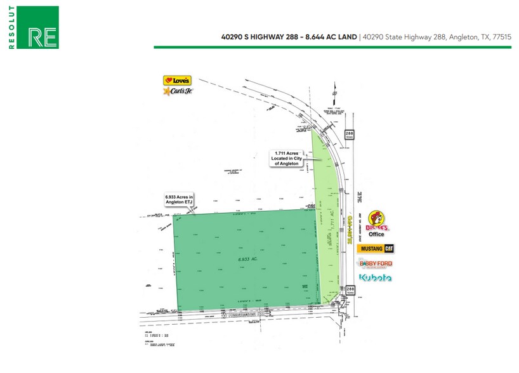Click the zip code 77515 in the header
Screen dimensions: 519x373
[501, 37]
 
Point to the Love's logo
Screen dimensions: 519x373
[177, 81]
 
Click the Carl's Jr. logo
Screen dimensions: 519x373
[177, 91]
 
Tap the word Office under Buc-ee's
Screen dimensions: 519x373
[377, 235]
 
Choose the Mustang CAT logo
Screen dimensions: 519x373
[376, 249]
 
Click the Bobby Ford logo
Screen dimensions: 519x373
[376, 263]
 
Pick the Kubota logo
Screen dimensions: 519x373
[376, 278]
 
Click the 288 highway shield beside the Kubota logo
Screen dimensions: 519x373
[350, 290]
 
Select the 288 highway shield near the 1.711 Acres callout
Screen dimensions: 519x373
[350, 134]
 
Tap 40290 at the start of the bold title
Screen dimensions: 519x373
[232, 37]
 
